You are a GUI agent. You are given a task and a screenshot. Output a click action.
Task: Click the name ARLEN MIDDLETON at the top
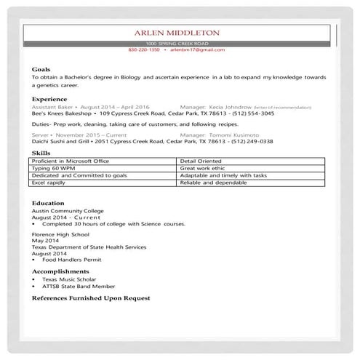point(179,33)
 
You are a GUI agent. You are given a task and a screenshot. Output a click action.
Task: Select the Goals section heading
point(41,69)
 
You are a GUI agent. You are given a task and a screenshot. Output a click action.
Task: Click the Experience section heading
point(49,99)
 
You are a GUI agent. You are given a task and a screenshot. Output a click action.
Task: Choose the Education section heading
point(48,203)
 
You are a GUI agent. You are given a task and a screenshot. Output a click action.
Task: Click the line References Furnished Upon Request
point(91,298)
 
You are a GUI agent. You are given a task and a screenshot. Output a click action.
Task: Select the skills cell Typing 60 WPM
point(52,167)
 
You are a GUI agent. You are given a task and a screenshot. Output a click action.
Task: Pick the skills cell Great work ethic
point(199,167)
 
